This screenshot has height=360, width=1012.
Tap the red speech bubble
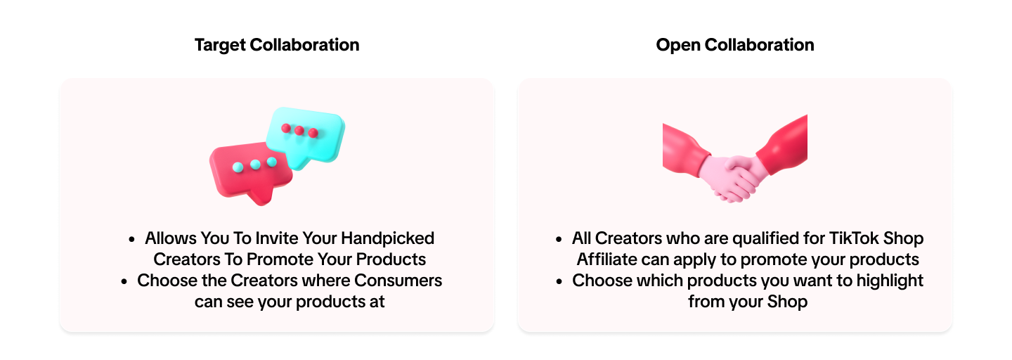click(x=242, y=172)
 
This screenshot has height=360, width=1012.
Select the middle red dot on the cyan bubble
click(x=299, y=130)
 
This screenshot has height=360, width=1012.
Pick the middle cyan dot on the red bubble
click(x=255, y=165)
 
